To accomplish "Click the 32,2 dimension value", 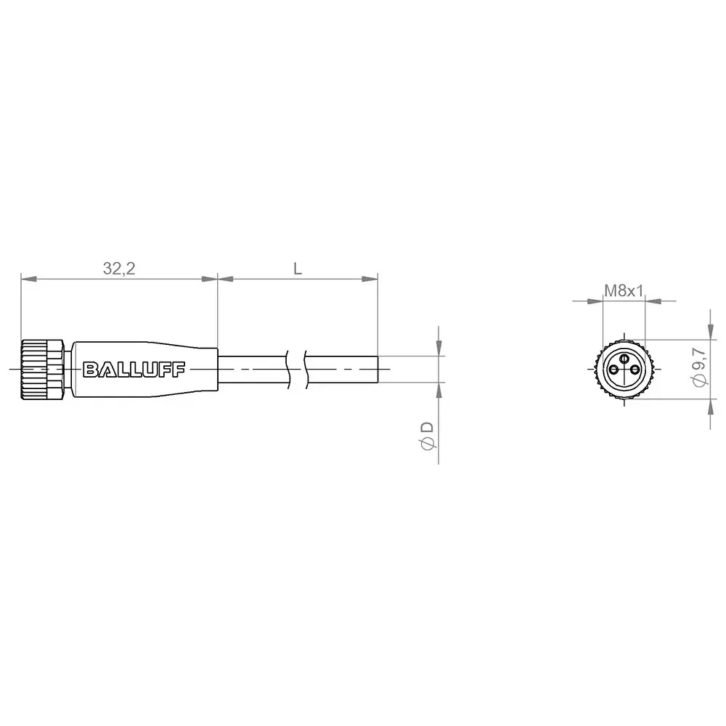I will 120,269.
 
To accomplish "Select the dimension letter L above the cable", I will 298,269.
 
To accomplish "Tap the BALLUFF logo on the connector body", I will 135,370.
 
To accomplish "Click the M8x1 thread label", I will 624,291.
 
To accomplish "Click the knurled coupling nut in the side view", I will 44,370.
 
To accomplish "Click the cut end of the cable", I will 378,370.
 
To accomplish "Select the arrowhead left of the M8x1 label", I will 597,300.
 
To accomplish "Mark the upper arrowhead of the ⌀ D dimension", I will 439,351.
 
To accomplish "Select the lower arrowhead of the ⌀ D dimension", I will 439,389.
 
